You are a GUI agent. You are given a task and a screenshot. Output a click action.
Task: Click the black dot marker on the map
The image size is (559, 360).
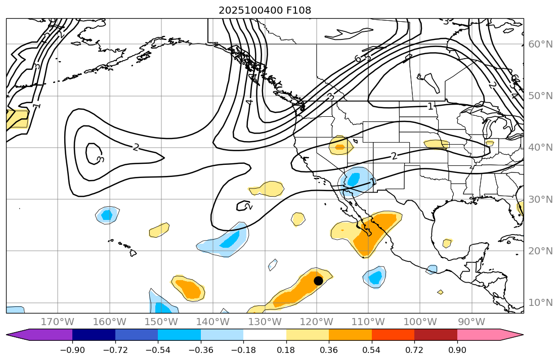pos(318,281)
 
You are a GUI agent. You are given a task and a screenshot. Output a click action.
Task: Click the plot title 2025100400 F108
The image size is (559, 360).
pos(265,10)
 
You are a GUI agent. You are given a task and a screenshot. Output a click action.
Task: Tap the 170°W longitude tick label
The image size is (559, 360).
pos(58,322)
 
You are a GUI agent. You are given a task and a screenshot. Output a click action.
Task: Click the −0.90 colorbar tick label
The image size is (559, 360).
pos(72,350)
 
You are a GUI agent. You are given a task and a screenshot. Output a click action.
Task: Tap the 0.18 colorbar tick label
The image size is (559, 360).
pos(286,350)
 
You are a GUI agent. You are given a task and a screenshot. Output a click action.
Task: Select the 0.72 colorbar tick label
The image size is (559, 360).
pos(414,350)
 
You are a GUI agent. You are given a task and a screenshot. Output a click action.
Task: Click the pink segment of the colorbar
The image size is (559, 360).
pos(478,335)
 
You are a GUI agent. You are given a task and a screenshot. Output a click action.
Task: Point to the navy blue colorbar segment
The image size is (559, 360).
pos(94,335)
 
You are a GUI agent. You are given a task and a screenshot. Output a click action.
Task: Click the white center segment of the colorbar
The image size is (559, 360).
pos(265,335)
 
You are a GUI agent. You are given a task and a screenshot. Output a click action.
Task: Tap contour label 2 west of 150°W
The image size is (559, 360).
pos(135,147)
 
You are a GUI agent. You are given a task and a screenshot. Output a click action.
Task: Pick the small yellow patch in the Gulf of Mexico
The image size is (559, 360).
pos(447,243)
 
